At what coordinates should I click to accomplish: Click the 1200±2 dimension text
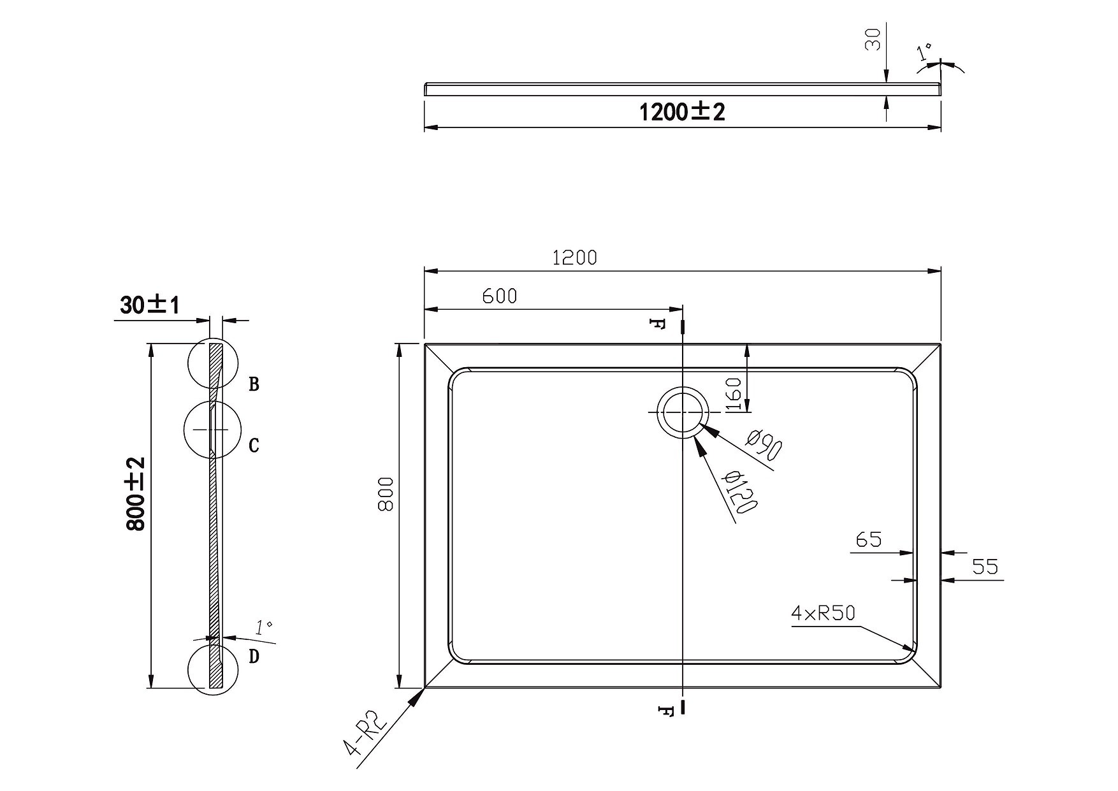coord(682,112)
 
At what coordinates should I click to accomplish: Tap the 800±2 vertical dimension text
coord(136,494)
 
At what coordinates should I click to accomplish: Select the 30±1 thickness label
coord(150,306)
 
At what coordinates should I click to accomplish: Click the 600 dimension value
coord(500,296)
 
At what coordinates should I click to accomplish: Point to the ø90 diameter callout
coord(764,445)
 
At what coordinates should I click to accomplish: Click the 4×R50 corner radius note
coord(823,613)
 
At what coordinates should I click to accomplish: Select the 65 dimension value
coord(869,540)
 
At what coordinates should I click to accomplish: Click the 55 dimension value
coord(985,566)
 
